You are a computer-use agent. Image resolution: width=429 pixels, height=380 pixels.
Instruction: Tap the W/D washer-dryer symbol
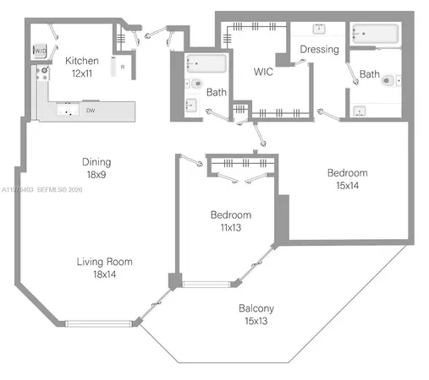(x=40, y=52)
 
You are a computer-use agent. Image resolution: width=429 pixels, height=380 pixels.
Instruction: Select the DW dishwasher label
(x=89, y=110)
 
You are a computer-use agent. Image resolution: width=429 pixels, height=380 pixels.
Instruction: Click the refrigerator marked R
(x=124, y=66)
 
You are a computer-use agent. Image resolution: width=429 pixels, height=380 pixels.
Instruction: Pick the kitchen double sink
(x=64, y=110)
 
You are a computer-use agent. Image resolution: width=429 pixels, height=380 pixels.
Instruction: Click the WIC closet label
(x=263, y=73)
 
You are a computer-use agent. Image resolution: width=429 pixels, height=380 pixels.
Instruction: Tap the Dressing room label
(x=319, y=49)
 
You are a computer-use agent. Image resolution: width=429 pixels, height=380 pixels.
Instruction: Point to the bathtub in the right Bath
(x=374, y=34)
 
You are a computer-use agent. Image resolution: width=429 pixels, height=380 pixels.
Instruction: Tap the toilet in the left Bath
(x=194, y=84)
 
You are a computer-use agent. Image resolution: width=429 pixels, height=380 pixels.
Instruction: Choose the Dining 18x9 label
(x=96, y=167)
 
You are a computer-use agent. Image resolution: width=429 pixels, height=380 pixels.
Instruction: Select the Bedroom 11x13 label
(x=230, y=220)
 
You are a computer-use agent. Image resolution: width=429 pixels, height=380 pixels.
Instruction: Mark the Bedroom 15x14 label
(x=348, y=178)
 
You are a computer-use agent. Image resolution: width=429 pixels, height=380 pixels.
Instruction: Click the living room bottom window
(x=99, y=322)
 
